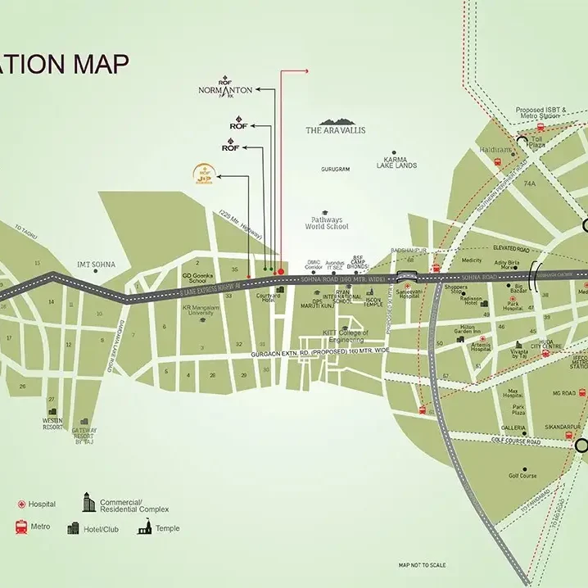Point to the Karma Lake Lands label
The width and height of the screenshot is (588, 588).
click(x=395, y=162)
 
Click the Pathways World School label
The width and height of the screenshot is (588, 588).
click(x=330, y=223)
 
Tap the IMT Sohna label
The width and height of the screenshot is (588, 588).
click(x=96, y=265)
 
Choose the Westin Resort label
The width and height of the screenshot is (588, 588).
click(x=52, y=423)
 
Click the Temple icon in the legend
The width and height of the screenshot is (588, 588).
click(x=145, y=528)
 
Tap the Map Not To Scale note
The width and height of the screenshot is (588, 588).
click(x=422, y=565)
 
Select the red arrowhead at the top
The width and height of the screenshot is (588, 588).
click(x=305, y=71)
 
